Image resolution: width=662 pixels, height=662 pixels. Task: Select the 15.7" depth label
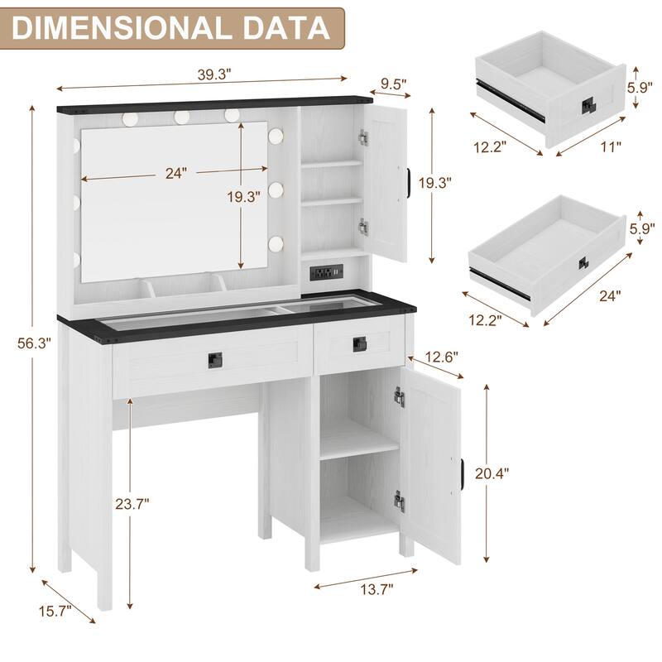click(54, 612)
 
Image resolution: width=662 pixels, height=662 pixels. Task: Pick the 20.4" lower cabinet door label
click(493, 473)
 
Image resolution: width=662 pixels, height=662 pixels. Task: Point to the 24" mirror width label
click(175, 173)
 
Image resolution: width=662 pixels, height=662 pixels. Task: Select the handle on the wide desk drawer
click(215, 360)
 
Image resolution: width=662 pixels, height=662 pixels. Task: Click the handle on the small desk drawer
click(360, 343)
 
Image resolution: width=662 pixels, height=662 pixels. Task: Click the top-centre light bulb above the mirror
click(181, 118)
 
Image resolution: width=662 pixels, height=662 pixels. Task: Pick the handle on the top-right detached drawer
click(588, 105)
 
